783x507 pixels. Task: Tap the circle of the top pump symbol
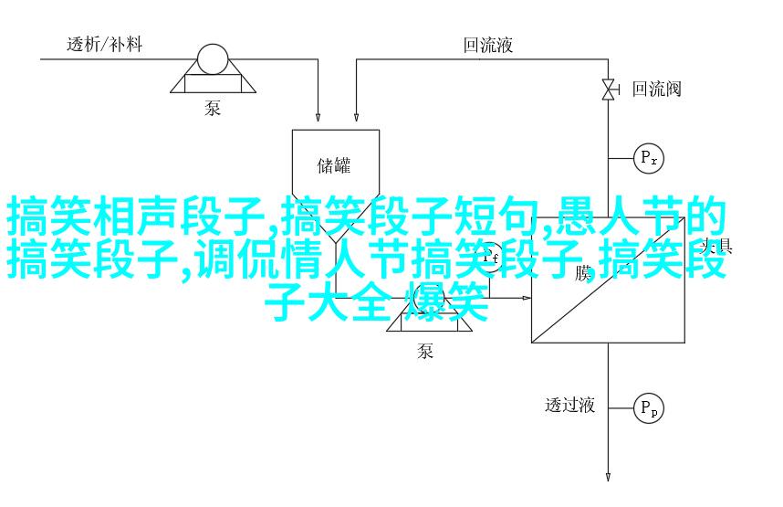(x=214, y=60)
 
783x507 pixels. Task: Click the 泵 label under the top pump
(x=213, y=109)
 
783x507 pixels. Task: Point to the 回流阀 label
(x=657, y=89)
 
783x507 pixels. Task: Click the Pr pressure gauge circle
(x=649, y=158)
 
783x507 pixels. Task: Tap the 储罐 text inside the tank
(x=334, y=165)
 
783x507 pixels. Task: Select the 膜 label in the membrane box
(x=584, y=271)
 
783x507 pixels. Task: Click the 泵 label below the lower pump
(x=425, y=351)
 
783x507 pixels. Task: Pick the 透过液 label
(x=570, y=405)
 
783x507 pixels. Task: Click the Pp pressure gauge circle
(x=649, y=407)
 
